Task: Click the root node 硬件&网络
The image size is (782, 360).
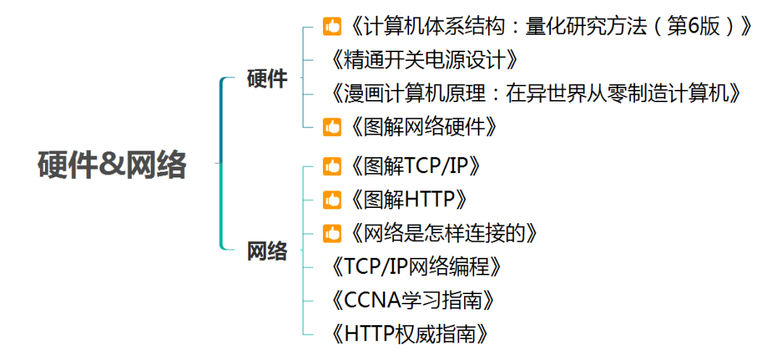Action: pyautogui.click(x=112, y=166)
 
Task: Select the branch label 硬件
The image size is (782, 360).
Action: pyautogui.click(x=267, y=79)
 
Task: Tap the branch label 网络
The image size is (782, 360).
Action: pyautogui.click(x=267, y=251)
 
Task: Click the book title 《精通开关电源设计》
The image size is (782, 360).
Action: pyautogui.click(x=424, y=60)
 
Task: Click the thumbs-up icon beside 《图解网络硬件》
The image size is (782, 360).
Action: pyautogui.click(x=332, y=127)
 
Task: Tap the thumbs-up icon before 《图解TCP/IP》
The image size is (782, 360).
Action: pyautogui.click(x=332, y=167)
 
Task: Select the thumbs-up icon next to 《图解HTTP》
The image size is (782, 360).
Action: pyautogui.click(x=332, y=200)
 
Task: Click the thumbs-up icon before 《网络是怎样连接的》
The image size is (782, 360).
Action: pyautogui.click(x=332, y=233)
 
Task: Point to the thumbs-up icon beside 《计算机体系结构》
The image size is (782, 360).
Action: pyautogui.click(x=332, y=28)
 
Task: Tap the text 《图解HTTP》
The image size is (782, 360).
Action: pyautogui.click(x=406, y=199)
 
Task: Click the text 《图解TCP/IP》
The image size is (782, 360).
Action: pyautogui.click(x=414, y=166)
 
